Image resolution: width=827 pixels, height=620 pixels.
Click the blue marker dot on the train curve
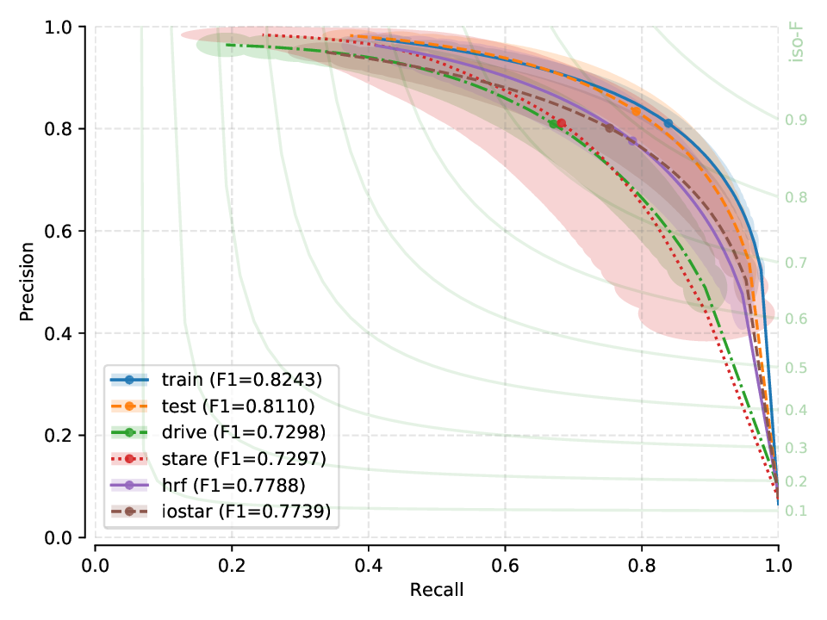coord(668,123)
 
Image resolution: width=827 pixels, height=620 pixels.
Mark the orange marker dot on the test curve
coord(636,111)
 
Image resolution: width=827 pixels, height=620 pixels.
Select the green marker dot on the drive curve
coord(553,124)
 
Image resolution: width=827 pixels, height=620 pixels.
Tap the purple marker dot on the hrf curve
coord(632,140)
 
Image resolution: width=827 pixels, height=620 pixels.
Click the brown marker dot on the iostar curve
coord(609,128)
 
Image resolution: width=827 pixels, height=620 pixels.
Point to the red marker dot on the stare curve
coord(562,123)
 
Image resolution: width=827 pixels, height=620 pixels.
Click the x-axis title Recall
coord(437,590)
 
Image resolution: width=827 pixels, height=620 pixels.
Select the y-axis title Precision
coord(28,282)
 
